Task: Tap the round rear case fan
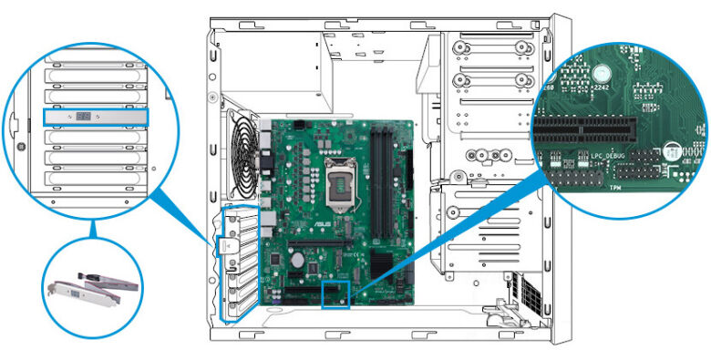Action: (240, 163)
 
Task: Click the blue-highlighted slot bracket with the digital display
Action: (95, 117)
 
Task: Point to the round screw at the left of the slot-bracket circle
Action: (15, 147)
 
